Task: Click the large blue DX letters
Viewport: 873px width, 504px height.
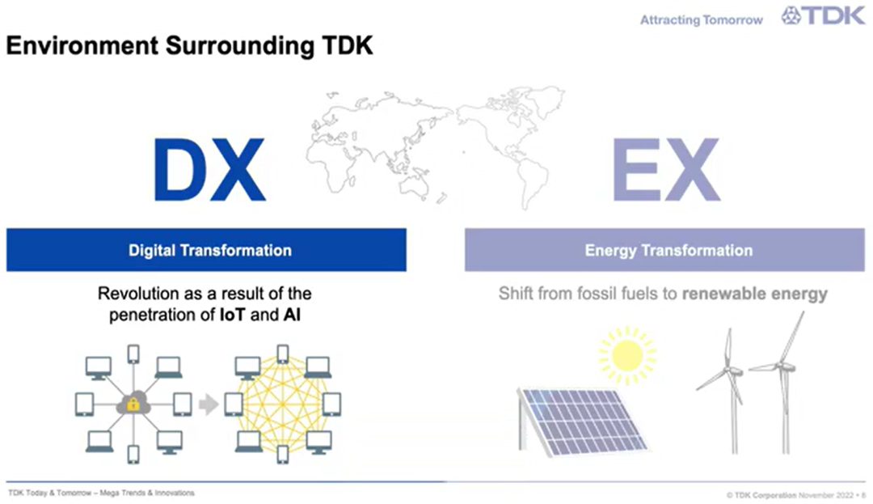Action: pyautogui.click(x=209, y=170)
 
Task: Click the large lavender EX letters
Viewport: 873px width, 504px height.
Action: pyautogui.click(x=666, y=170)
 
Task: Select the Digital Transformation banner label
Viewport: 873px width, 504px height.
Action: pyautogui.click(x=210, y=251)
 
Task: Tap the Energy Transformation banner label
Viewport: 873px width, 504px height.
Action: pyautogui.click(x=668, y=251)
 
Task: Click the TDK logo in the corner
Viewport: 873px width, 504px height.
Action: pyautogui.click(x=823, y=15)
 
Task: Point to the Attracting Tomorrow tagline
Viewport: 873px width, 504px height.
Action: pyautogui.click(x=702, y=20)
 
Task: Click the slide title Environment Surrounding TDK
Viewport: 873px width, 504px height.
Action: pyautogui.click(x=189, y=45)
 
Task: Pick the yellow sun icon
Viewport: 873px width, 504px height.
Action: pyautogui.click(x=627, y=355)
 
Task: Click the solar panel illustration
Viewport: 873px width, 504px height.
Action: pyautogui.click(x=582, y=421)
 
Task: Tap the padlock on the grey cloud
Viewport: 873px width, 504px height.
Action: pyautogui.click(x=133, y=404)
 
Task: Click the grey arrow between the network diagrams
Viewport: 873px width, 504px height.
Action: pyautogui.click(x=209, y=404)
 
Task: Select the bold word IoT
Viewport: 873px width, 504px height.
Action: pyautogui.click(x=232, y=316)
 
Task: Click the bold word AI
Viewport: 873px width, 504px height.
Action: pyautogui.click(x=292, y=316)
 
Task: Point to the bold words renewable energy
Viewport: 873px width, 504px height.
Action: pyautogui.click(x=754, y=294)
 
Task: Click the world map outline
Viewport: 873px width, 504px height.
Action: pyautogui.click(x=436, y=146)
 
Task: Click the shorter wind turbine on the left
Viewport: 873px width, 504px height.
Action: pyautogui.click(x=727, y=391)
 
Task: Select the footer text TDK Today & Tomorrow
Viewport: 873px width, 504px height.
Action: pyautogui.click(x=49, y=493)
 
